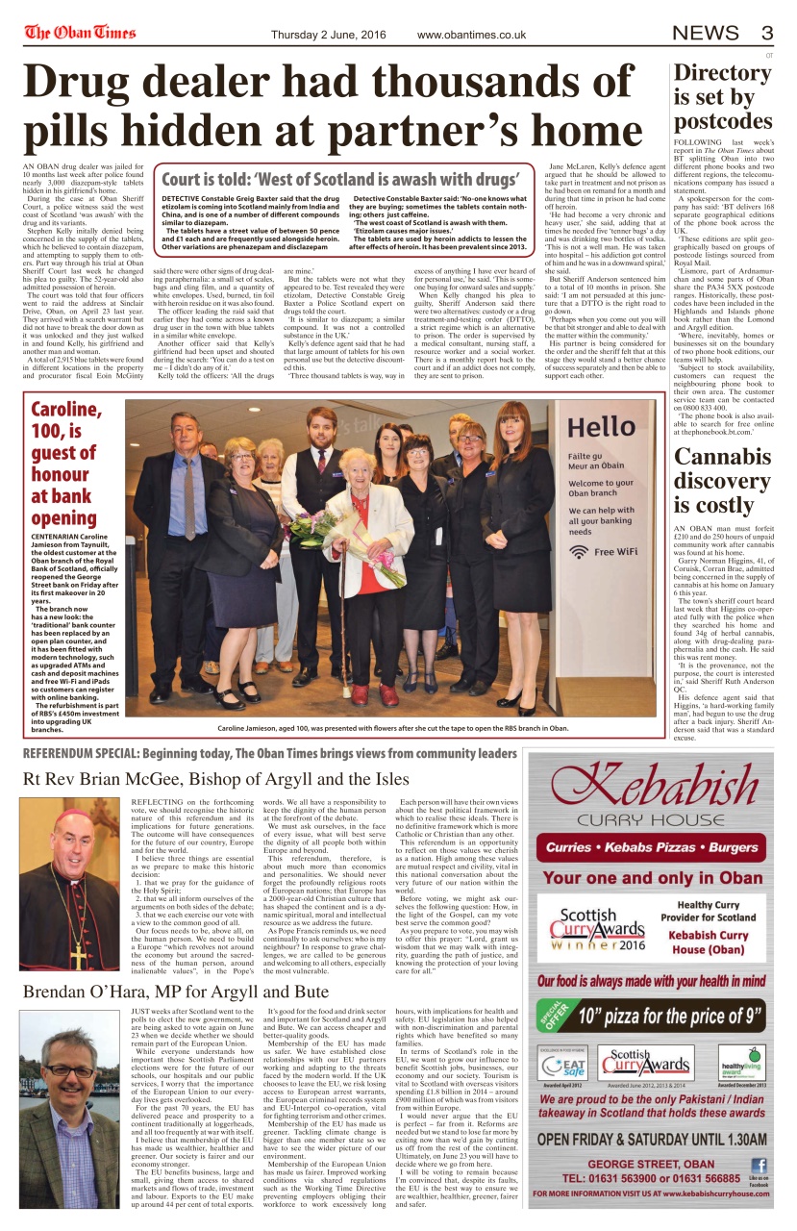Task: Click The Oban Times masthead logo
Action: (x=81, y=33)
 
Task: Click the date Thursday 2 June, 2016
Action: (x=329, y=35)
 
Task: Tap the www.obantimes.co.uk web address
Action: (x=475, y=35)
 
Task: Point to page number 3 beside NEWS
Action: (x=767, y=33)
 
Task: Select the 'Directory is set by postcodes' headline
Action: (x=723, y=97)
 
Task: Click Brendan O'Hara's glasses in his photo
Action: (x=70, y=1070)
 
